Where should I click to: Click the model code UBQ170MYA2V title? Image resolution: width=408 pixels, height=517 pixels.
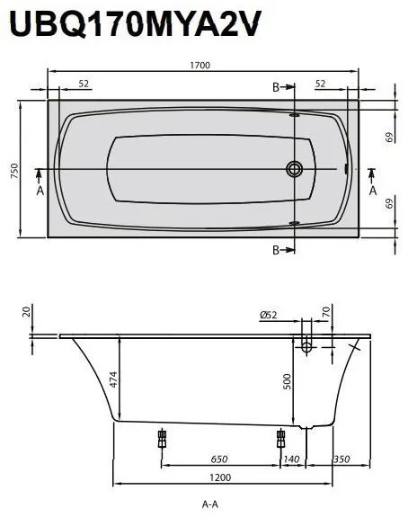click(x=135, y=24)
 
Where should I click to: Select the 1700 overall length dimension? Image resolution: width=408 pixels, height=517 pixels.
click(x=202, y=66)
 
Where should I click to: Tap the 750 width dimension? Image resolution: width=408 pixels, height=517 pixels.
click(x=13, y=171)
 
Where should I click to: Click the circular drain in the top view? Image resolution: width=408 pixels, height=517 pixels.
click(x=295, y=168)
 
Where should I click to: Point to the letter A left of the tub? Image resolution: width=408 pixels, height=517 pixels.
click(x=39, y=191)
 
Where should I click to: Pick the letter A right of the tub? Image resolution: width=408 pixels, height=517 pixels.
click(x=373, y=191)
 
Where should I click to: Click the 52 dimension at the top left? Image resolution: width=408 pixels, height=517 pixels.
click(x=83, y=84)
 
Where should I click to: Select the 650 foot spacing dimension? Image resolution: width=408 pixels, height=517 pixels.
click(x=218, y=459)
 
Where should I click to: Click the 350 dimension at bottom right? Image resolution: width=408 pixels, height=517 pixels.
click(x=341, y=459)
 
